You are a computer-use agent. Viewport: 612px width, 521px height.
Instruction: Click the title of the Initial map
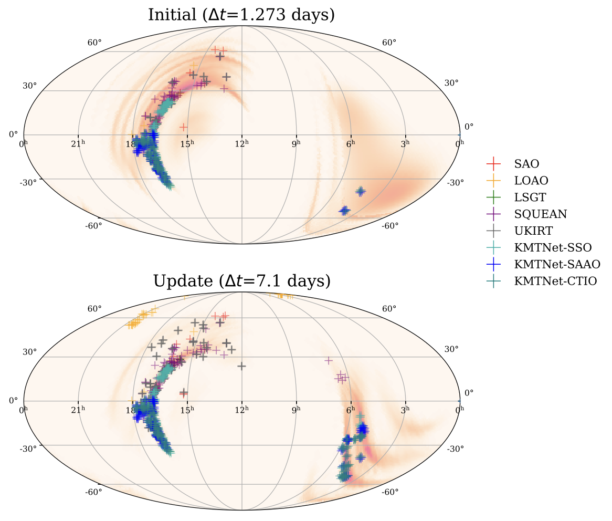click(241, 15)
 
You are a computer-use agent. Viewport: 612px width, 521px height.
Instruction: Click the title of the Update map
click(241, 281)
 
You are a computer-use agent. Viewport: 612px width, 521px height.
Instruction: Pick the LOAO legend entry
click(531, 181)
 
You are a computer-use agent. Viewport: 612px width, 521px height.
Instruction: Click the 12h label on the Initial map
click(241, 142)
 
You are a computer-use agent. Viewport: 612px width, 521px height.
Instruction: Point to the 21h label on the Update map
click(78, 409)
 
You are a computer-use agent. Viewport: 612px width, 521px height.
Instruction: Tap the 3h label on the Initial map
click(405, 142)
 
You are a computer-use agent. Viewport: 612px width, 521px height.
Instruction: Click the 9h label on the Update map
click(296, 409)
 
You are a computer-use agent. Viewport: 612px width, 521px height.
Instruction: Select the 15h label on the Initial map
click(187, 142)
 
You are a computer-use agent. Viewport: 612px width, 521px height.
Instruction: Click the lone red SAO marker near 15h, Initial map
click(183, 127)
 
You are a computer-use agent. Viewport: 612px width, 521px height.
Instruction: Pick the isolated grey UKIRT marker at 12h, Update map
click(241, 366)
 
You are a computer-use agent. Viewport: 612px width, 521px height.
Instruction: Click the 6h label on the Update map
click(351, 409)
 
